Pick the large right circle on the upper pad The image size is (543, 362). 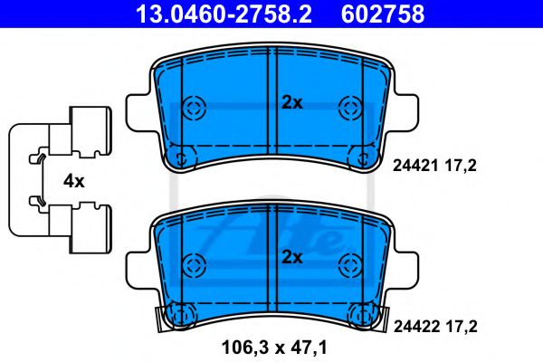[x=349, y=109]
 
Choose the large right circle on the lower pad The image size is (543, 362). [x=349, y=264]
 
